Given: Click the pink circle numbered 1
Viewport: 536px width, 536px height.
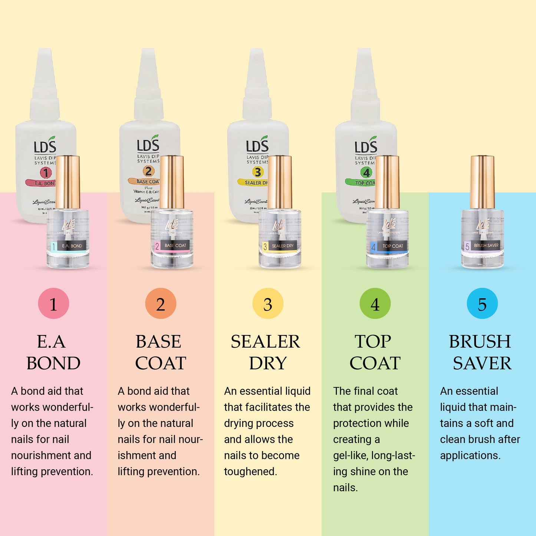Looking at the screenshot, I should tap(53, 303).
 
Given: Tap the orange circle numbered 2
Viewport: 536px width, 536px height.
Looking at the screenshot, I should tap(161, 303).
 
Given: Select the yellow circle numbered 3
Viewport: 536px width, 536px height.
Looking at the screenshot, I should tap(268, 303).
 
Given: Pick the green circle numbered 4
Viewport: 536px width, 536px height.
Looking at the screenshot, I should tap(375, 303).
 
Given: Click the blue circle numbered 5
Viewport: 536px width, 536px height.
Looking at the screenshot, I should tap(482, 303).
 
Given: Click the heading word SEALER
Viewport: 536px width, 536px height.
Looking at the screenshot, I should tap(265, 342).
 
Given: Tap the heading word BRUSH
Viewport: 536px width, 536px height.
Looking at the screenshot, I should tap(480, 342).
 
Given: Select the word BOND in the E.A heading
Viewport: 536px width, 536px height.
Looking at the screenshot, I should tap(53, 363).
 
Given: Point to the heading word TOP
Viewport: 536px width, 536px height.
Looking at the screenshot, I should tap(373, 342).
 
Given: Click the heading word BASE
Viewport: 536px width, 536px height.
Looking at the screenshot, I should tap(158, 342).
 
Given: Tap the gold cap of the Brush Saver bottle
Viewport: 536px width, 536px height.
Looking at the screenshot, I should tap(482, 182).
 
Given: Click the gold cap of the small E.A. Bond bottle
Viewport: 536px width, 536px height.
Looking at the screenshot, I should tap(68, 182).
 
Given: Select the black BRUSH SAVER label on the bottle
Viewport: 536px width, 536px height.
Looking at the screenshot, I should tap(486, 246).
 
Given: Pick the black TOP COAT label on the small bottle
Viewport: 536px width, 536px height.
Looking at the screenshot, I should tap(392, 246).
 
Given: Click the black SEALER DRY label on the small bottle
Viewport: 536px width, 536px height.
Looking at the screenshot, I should tap(282, 246).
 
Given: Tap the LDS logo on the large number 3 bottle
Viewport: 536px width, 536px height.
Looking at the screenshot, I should tap(257, 145).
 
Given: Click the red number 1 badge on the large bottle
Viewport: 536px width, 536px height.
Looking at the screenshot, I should tap(46, 172).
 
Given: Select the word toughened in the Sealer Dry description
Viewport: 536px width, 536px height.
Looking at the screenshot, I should tap(250, 471).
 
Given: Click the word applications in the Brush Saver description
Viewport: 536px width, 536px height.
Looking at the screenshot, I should tap(470, 456).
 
